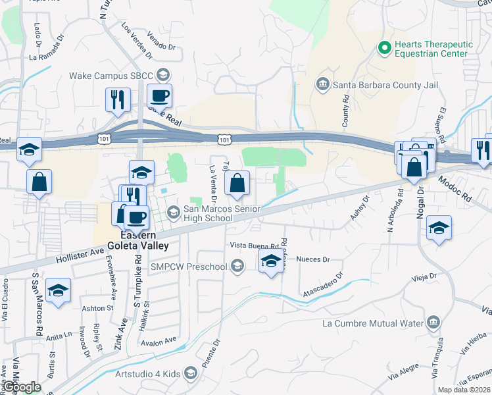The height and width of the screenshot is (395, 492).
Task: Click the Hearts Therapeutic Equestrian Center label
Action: coord(433,49)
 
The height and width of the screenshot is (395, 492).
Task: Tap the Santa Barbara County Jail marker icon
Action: coord(322,84)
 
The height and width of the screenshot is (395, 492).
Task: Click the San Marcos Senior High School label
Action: coord(208,214)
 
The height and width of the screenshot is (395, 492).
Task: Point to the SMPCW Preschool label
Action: coord(189,267)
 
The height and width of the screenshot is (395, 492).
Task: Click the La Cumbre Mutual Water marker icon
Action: coord(433,323)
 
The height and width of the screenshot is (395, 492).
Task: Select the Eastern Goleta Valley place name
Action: coord(144,240)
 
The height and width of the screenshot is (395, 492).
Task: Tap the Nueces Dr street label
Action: coord(312,260)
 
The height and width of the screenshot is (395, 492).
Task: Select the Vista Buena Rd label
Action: coord(251,245)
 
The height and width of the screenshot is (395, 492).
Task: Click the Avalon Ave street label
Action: coord(159,341)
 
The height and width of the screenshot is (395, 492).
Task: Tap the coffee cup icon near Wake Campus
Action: coord(159,97)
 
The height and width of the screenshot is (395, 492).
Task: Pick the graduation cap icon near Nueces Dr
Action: coord(270,261)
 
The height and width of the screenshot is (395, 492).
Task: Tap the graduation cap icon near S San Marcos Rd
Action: coord(58,290)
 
